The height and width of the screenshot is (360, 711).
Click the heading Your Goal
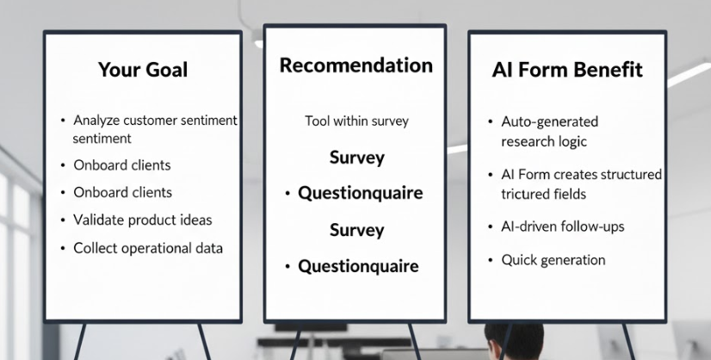click(143, 70)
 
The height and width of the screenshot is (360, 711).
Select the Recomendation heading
click(355, 65)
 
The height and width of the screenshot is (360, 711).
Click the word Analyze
click(96, 121)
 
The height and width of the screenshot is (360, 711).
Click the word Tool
click(317, 121)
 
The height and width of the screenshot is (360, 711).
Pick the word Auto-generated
click(549, 122)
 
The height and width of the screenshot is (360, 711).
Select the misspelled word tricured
click(526, 194)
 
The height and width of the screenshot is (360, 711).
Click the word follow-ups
click(588, 227)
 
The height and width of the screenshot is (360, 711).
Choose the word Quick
click(518, 259)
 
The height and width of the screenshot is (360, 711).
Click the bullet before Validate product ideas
click(63, 220)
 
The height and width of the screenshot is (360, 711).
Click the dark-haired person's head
click(513, 340)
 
